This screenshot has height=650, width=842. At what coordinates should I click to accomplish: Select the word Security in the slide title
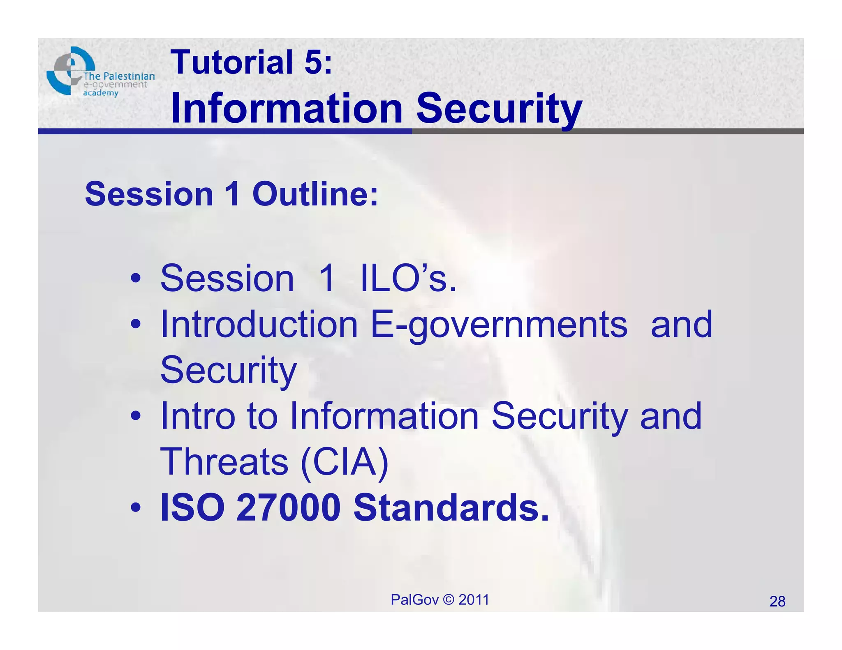point(499,109)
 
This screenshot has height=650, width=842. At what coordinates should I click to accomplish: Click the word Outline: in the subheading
point(315,194)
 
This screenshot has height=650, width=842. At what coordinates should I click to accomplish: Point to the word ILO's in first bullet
point(408,279)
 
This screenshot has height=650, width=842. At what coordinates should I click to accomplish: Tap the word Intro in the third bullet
point(198,416)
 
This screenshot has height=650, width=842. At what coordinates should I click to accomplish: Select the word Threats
point(224,462)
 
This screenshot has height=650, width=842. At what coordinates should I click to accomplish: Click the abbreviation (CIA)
point(345,462)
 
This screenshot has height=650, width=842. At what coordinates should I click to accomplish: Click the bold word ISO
point(192,508)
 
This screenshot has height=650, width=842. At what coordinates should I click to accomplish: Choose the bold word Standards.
point(451,508)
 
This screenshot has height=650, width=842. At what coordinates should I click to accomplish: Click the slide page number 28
point(777,602)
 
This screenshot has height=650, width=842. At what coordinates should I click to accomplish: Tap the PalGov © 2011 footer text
point(440,600)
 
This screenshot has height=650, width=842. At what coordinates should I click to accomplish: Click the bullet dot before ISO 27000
point(136,509)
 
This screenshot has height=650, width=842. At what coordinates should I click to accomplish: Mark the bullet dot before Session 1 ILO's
point(136,279)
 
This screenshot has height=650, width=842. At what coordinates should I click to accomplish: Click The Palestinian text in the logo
point(119,76)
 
